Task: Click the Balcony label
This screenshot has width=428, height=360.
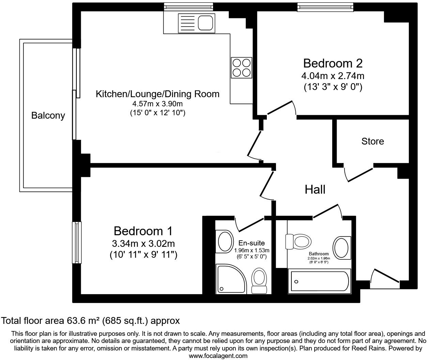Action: pyautogui.click(x=48, y=116)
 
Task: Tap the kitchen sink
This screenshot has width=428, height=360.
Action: pyautogui.click(x=196, y=23)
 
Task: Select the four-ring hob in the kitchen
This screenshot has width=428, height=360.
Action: pyautogui.click(x=242, y=67)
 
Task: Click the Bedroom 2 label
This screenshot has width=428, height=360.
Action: pyautogui.click(x=333, y=63)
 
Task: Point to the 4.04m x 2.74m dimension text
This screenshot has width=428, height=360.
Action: pyautogui.click(x=333, y=76)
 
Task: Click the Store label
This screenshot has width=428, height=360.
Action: pyautogui.click(x=372, y=141)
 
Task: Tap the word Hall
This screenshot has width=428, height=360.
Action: pyautogui.click(x=315, y=190)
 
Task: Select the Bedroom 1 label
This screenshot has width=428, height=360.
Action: pyautogui.click(x=143, y=231)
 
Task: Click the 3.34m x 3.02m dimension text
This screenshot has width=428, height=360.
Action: pyautogui.click(x=143, y=244)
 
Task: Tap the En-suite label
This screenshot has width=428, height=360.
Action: pyautogui.click(x=251, y=243)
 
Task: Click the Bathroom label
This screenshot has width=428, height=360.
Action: pyautogui.click(x=319, y=254)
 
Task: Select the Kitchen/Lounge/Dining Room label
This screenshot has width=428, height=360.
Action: pyautogui.click(x=157, y=94)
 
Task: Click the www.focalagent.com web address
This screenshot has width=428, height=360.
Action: pyautogui.click(x=218, y=356)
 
